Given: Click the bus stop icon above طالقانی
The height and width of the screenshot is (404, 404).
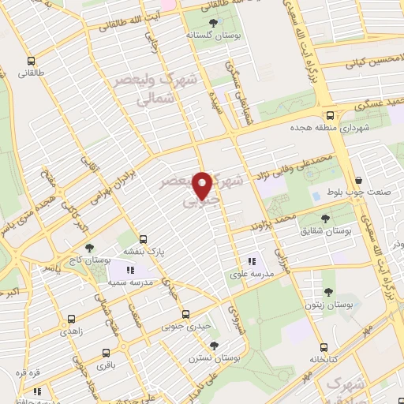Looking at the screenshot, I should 31,61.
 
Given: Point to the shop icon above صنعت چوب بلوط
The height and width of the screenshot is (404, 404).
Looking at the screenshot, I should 359,181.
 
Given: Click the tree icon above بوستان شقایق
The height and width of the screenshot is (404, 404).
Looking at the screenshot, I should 326,217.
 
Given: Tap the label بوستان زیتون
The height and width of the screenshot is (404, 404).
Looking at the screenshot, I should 330,304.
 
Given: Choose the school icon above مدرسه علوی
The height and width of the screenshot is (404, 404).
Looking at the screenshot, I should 252,261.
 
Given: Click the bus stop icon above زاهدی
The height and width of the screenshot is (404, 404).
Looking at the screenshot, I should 72,320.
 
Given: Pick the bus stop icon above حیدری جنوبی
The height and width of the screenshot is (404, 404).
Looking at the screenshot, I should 185,313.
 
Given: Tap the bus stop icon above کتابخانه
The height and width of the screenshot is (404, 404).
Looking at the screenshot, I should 324,347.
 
